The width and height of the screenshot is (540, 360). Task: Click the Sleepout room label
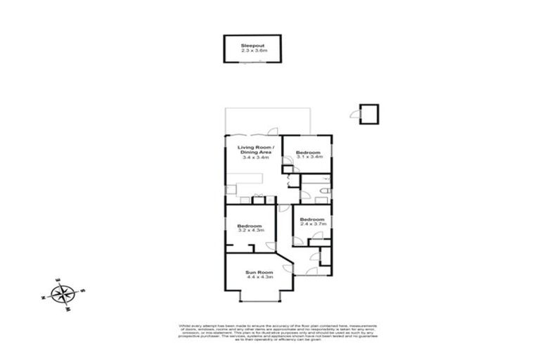(251, 44)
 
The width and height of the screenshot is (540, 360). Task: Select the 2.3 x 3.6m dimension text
(251, 50)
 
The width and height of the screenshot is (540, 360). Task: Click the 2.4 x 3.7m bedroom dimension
(312, 224)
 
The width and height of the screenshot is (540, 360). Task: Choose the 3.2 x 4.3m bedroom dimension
(250, 231)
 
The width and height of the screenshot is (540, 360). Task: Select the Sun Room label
(259, 272)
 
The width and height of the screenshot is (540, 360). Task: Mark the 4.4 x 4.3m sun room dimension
(259, 278)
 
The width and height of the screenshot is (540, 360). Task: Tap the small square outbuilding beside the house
(368, 112)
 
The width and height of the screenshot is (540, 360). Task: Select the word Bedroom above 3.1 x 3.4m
(308, 153)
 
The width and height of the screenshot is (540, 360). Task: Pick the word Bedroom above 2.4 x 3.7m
(312, 219)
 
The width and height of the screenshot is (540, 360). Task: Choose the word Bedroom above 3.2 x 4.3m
(250, 226)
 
